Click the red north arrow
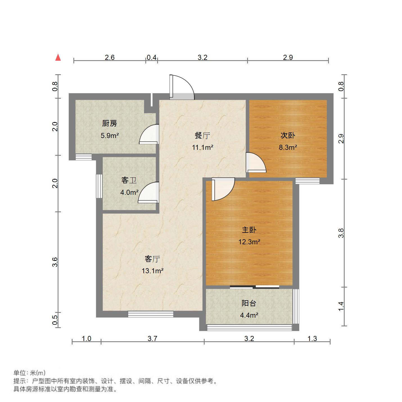[58, 57]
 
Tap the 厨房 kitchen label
[110, 123]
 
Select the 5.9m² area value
[110, 135]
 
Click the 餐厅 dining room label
[202, 135]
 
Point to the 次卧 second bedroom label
[288, 135]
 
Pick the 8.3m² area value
[288, 147]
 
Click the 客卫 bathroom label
[129, 180]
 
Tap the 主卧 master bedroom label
[249, 230]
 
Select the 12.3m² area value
[249, 242]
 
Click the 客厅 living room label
[152, 259]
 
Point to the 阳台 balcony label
[249, 303]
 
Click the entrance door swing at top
[182, 87]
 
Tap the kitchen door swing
[149, 134]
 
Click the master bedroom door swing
[223, 189]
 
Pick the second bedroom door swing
[256, 162]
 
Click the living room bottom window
[151, 314]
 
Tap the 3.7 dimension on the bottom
[152, 338]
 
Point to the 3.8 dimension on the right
[341, 233]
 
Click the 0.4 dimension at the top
[152, 57]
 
